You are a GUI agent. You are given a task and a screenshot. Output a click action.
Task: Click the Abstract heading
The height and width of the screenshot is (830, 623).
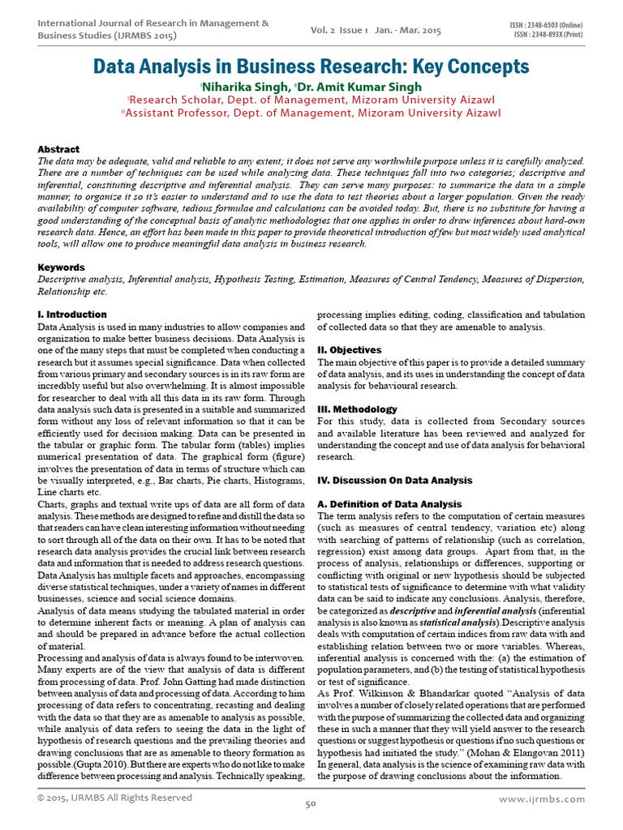[x=59, y=149]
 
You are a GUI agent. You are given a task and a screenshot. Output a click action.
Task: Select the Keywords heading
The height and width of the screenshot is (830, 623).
[x=62, y=267]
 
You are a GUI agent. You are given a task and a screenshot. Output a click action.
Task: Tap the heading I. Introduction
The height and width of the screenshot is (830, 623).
[x=72, y=314]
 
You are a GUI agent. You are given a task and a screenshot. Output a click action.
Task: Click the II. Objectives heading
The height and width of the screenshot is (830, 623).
[x=350, y=349]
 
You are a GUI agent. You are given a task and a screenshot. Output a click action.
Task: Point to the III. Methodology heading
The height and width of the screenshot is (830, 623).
[x=358, y=409]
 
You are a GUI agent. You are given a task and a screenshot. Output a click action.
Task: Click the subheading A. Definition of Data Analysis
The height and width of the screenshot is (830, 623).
[x=389, y=504]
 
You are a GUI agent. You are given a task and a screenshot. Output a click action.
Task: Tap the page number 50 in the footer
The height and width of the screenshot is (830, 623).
[x=310, y=804]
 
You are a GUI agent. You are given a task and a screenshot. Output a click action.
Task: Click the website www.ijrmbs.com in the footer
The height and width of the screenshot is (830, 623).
[x=542, y=798]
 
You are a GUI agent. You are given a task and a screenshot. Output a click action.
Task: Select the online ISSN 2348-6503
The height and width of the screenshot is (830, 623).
[x=548, y=26]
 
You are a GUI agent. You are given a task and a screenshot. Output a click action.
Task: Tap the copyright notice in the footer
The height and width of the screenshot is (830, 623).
[x=115, y=798]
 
